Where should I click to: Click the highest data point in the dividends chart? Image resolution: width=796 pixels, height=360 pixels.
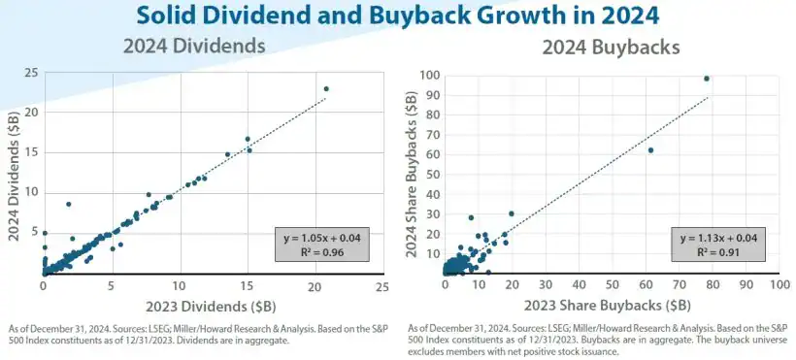(326, 88)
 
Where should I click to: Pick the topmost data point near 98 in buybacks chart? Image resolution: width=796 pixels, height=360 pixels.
(707, 79)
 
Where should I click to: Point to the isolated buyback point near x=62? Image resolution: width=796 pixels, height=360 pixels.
(650, 149)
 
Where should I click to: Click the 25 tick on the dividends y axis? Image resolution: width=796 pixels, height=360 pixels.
(32, 73)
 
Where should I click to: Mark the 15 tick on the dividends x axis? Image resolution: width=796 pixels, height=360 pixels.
(248, 287)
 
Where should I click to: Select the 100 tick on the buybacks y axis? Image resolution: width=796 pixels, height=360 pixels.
(428, 76)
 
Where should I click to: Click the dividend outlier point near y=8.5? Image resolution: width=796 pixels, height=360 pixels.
(68, 204)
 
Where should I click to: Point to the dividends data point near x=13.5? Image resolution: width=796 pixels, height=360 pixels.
(228, 154)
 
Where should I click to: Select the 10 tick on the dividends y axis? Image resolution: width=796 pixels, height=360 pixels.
(32, 192)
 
